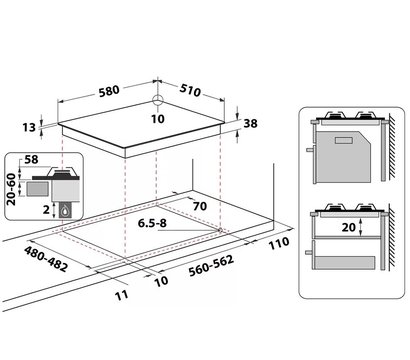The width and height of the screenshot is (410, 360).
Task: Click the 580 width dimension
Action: click(109, 91)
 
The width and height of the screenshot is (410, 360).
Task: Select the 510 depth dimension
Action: click(190, 90)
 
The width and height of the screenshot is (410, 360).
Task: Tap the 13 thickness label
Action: click(29, 127)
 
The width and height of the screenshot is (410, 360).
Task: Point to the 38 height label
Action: click(251, 123)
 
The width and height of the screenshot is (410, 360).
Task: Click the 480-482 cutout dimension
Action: click(46, 259)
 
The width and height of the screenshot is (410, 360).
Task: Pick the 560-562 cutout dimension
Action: click(211, 266)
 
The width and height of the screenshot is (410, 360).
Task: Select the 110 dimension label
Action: click(279, 243)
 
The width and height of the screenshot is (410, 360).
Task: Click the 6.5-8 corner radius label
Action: click(152, 223)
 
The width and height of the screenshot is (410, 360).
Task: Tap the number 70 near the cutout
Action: click(200, 206)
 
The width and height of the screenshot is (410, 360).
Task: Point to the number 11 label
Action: click(122, 295)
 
